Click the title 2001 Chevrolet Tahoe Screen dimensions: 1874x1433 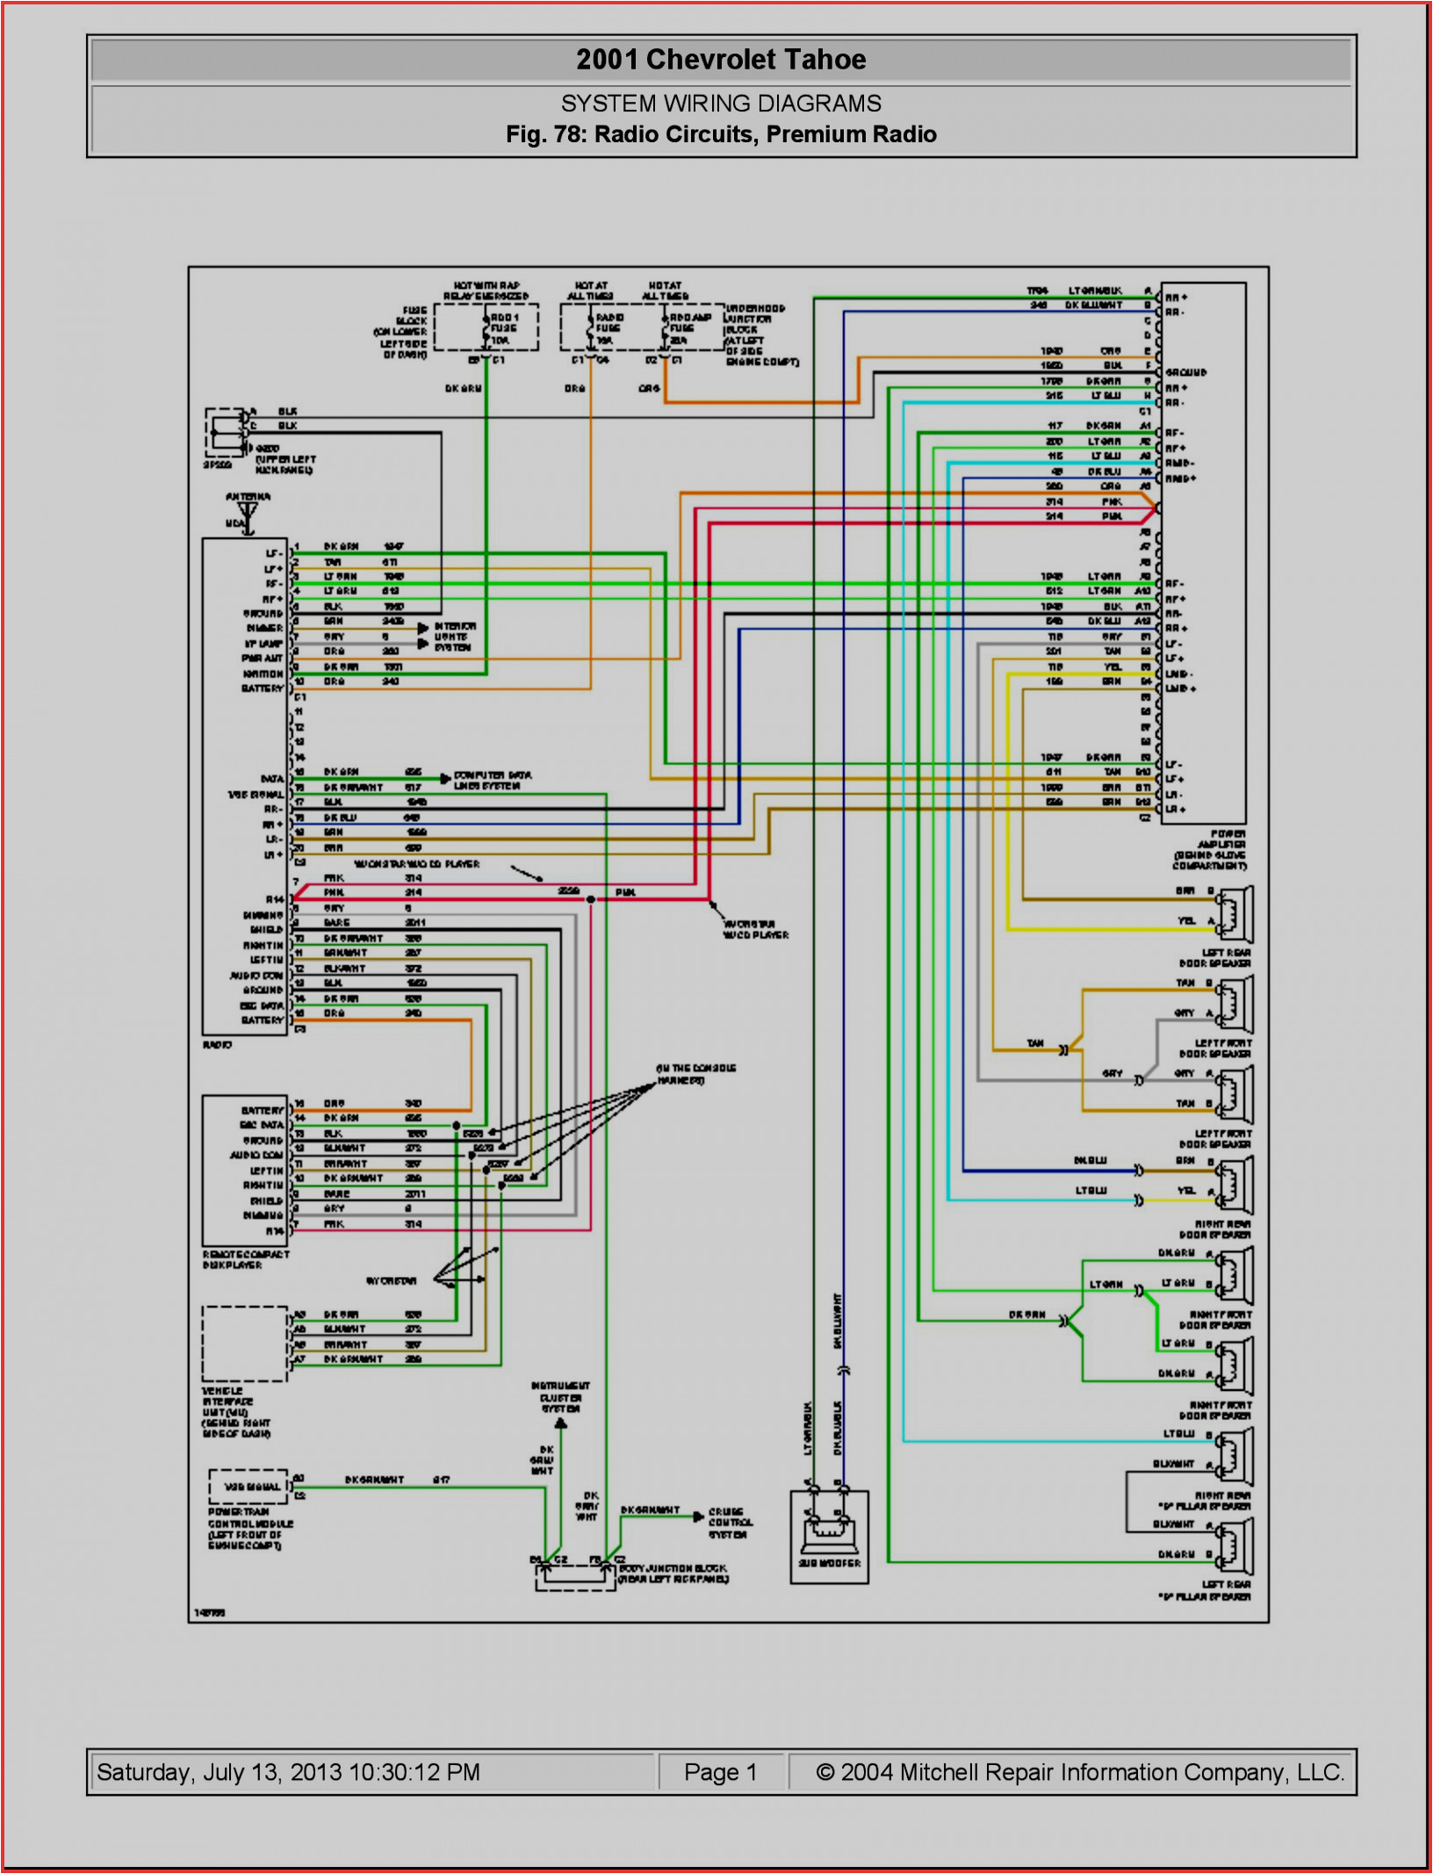[x=720, y=60]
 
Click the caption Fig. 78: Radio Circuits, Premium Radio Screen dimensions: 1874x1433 [x=720, y=134]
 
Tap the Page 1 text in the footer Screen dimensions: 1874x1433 [x=720, y=1772]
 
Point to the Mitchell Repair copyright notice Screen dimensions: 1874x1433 [x=1079, y=1772]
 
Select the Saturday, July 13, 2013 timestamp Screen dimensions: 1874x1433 [x=288, y=1772]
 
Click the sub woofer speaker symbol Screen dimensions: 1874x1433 [x=828, y=1528]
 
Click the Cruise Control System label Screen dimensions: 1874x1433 [x=730, y=1523]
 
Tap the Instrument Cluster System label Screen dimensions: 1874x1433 [x=560, y=1396]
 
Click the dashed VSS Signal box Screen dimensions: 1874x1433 [x=248, y=1486]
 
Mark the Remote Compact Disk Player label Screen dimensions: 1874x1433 [x=245, y=1259]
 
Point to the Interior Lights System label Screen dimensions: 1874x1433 [x=455, y=637]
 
